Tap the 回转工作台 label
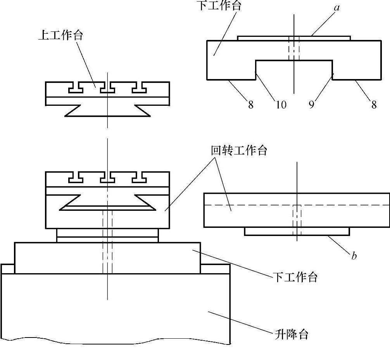point(239,150)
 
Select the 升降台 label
point(292,334)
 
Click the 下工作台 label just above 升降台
point(295,277)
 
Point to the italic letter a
point(337,7)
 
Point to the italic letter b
point(354,256)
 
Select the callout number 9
point(311,105)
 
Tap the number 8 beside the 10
point(251,105)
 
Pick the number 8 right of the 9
point(374,105)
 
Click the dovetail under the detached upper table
point(107,110)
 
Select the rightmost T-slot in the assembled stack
point(139,177)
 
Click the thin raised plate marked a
point(294,38)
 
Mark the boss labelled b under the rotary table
point(297,231)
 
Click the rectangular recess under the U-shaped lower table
point(293,70)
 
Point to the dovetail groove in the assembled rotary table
point(107,202)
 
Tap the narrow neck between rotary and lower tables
point(107,235)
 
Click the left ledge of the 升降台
point(8,269)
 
